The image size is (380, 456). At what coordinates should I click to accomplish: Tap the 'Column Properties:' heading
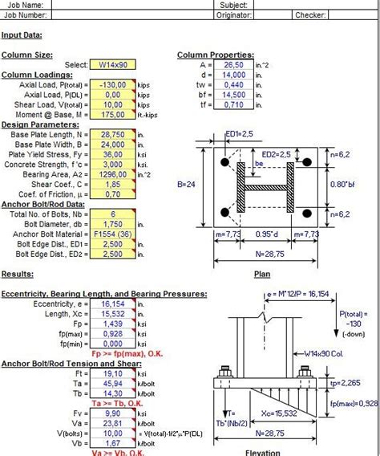(x=215, y=55)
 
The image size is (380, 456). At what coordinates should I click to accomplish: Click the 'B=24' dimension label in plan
(x=187, y=184)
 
